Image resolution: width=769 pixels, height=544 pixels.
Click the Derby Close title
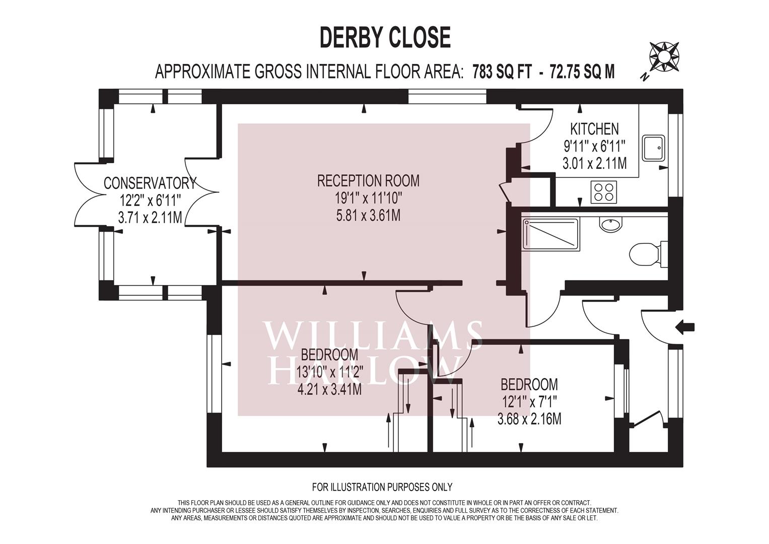pyautogui.click(x=385, y=37)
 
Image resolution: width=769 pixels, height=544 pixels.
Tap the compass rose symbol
pyautogui.click(x=664, y=57)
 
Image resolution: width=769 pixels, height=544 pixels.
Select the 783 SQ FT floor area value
pyautogui.click(x=502, y=72)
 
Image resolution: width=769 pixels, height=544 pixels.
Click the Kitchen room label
pyautogui.click(x=594, y=129)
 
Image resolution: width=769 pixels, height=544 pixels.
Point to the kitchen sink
pyautogui.click(x=654, y=148)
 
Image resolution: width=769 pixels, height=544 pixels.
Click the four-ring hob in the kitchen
pyautogui.click(x=604, y=191)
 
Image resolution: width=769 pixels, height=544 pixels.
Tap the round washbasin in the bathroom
pyautogui.click(x=611, y=224)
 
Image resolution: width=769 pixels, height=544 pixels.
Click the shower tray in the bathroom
pyautogui.click(x=551, y=234)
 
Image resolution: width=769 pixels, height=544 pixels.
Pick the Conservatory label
pyautogui.click(x=150, y=183)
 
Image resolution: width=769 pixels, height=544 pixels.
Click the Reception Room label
pyautogui.click(x=368, y=180)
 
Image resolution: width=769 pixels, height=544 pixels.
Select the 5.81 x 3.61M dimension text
pyautogui.click(x=368, y=216)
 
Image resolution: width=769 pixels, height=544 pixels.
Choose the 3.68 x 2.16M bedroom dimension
pyautogui.click(x=529, y=419)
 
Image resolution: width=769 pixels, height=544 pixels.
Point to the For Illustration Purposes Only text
pyautogui.click(x=382, y=487)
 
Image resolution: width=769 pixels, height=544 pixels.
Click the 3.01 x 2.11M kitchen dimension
pyautogui.click(x=594, y=163)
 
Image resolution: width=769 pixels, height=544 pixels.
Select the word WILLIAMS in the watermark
pyautogui.click(x=373, y=336)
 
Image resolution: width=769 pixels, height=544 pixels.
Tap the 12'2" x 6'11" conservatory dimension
pyautogui.click(x=150, y=200)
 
